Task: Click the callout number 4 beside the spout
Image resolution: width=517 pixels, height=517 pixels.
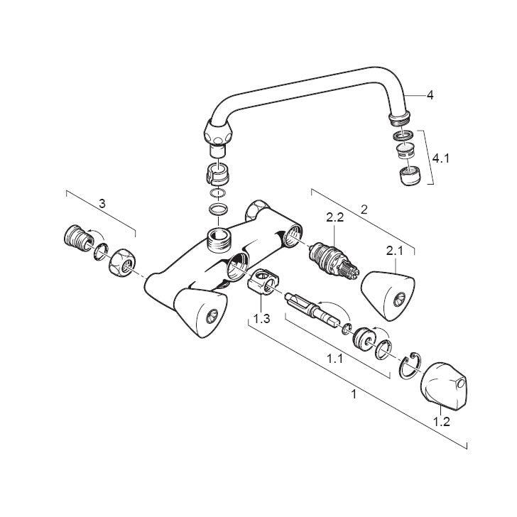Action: coord(430,95)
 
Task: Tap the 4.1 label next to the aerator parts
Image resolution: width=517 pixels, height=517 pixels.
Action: coord(441,158)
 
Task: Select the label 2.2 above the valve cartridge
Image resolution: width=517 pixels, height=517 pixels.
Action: coord(335,217)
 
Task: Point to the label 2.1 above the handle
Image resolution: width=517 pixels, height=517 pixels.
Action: coord(395,251)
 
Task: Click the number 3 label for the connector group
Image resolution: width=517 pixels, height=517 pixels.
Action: coord(102,203)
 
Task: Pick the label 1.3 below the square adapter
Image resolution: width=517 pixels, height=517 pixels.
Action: coord(261,319)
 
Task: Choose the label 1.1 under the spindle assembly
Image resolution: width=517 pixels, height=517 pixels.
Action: coord(334,359)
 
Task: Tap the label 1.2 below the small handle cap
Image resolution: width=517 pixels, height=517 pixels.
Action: coord(441,421)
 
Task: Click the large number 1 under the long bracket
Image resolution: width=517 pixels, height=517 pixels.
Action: coord(354,394)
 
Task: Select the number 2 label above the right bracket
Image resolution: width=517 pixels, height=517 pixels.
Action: coord(364,209)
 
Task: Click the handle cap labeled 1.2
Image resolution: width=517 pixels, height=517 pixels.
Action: coord(444,386)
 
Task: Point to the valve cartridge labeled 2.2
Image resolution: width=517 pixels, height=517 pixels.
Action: coord(334,261)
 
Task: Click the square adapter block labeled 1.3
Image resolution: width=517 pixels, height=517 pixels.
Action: coord(263,281)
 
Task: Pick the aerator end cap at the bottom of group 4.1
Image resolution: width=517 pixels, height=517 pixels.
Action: coord(410,176)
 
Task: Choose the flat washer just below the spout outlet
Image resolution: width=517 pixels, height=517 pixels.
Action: coord(404,135)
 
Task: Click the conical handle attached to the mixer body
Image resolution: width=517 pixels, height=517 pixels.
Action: coord(200,312)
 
